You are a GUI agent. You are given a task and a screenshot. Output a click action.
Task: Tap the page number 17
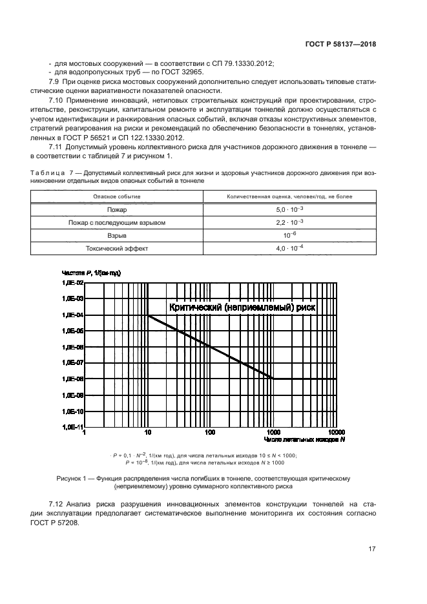point(372,549)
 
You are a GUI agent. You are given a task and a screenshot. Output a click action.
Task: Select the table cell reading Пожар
point(117,210)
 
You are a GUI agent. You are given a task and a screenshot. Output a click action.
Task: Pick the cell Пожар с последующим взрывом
point(117,223)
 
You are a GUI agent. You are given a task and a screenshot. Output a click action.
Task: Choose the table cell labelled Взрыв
point(117,236)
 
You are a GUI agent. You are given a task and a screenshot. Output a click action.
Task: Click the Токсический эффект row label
point(117,249)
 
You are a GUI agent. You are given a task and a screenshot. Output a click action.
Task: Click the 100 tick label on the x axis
point(210,432)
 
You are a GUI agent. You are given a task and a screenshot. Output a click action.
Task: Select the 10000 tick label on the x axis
point(337,432)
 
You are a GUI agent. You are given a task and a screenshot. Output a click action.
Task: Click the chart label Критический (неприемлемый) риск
point(242,307)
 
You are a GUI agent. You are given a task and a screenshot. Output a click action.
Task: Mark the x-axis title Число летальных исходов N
point(304,440)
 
